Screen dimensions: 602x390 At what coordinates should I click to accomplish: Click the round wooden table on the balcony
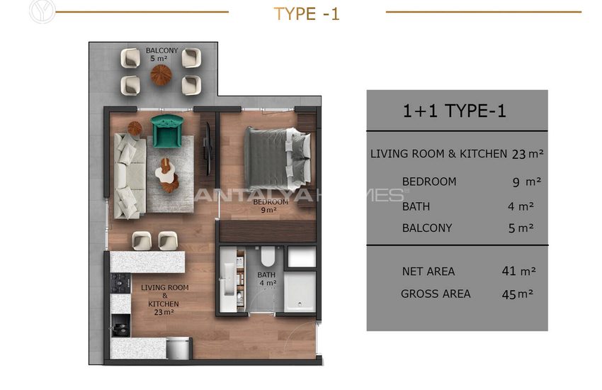161,74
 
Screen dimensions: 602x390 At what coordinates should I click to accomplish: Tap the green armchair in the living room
167,130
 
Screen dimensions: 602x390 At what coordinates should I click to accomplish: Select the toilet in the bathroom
268,255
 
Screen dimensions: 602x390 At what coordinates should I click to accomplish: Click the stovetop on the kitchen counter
120,283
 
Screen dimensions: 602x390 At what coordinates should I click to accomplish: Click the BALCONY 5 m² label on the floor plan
161,54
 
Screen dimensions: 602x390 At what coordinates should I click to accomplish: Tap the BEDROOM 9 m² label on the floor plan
271,206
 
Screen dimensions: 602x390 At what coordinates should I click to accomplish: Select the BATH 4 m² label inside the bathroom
267,279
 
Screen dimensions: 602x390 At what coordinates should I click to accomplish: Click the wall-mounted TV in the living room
208,149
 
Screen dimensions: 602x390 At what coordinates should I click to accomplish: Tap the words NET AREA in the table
428,272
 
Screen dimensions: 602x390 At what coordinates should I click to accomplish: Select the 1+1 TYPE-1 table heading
454,111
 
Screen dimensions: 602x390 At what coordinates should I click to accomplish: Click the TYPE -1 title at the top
307,14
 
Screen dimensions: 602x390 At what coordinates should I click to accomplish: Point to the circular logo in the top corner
42,11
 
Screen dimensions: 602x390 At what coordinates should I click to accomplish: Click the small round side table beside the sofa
135,128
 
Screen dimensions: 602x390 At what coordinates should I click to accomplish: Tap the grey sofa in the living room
130,176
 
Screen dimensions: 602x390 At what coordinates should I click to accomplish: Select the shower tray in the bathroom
300,292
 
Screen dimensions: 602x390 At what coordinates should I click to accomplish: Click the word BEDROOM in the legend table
429,182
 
